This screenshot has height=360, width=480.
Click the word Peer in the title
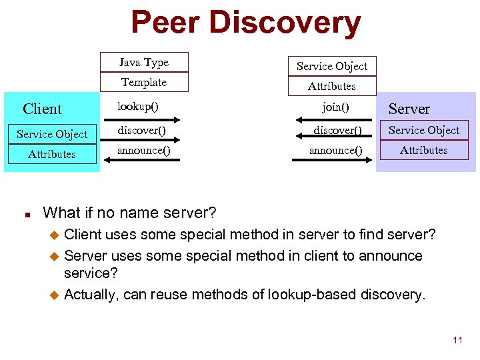(x=165, y=23)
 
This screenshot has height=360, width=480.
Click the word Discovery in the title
(x=285, y=24)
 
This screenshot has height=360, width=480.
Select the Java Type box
(x=144, y=62)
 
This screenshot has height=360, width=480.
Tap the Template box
(x=144, y=82)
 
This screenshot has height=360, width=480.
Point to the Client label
(x=42, y=109)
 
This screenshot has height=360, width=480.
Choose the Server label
(x=409, y=109)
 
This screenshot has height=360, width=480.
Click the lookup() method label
(x=138, y=106)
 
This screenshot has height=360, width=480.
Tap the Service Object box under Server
(x=424, y=130)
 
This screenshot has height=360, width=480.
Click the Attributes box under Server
(x=424, y=150)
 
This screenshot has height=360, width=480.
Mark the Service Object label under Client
(x=52, y=134)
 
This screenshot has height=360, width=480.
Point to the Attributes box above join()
(x=332, y=86)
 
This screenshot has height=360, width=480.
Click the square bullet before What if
(x=24, y=215)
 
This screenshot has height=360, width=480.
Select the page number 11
(x=457, y=341)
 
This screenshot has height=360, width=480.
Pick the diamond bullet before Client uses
(x=56, y=235)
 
